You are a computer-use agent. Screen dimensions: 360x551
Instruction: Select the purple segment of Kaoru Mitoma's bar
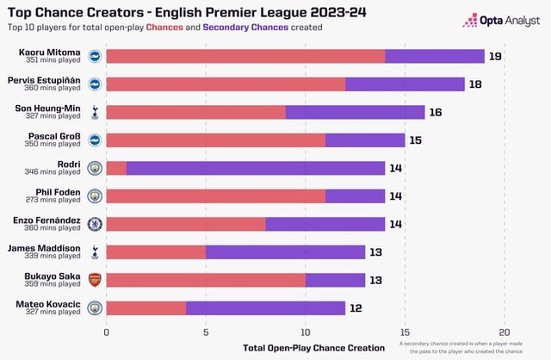click(435, 57)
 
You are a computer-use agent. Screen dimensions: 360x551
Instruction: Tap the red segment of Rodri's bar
click(116, 168)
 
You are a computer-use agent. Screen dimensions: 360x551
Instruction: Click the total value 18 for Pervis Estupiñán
click(475, 84)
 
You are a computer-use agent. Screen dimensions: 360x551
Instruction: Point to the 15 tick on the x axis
click(406, 331)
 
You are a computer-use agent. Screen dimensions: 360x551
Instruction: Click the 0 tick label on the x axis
click(107, 331)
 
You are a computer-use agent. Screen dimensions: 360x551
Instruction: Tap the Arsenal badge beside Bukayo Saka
click(95, 279)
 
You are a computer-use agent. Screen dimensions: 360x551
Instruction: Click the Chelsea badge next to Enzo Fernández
click(95, 223)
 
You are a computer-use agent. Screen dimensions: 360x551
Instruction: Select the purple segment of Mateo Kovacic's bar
click(265, 307)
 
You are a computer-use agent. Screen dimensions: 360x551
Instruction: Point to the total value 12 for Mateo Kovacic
click(356, 307)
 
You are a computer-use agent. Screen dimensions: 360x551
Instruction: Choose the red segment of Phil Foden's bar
click(215, 196)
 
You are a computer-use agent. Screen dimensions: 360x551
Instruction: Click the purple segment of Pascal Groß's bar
click(365, 140)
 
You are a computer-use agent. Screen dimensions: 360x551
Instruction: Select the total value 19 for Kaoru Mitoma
click(495, 57)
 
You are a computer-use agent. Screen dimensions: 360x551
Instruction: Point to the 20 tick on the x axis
click(505, 331)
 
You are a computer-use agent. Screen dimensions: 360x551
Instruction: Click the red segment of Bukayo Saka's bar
click(206, 279)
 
